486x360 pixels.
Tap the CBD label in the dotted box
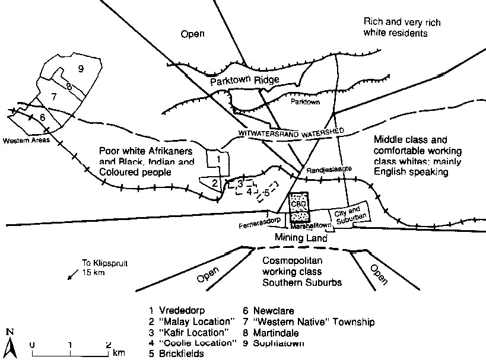click(x=298, y=203)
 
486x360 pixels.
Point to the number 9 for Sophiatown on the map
click(x=80, y=69)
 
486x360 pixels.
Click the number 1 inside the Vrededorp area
click(x=218, y=158)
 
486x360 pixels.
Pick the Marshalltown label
click(x=306, y=227)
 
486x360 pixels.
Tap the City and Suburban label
click(x=348, y=215)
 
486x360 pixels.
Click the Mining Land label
click(x=300, y=238)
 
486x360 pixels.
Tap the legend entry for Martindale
click(x=278, y=332)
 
